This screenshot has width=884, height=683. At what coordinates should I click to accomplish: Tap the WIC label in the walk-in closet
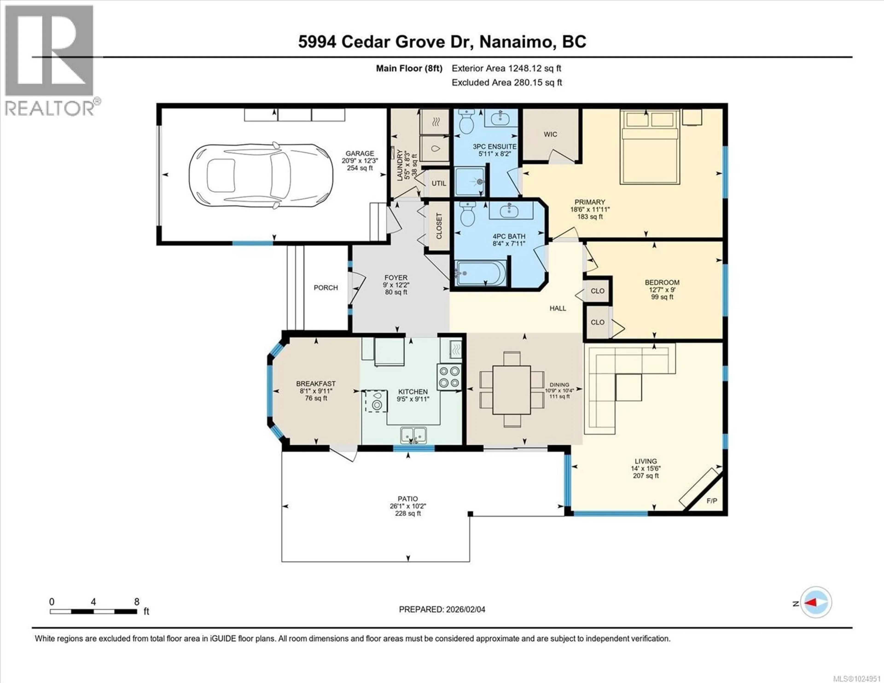pos(550,134)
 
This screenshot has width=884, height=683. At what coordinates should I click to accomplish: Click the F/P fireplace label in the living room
pos(712,501)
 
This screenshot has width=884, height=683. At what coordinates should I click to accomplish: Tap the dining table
pos(512,390)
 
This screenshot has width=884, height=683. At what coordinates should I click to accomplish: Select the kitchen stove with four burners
pos(449,377)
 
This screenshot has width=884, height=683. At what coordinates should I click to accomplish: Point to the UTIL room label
pos(439,183)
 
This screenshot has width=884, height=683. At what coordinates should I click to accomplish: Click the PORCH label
pos(326,288)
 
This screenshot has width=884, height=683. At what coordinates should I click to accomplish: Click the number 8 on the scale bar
pos(137,602)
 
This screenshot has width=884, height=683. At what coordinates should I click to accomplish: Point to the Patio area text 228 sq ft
pos(408,513)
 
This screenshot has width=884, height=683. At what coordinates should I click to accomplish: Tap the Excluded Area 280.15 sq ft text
pos(507,83)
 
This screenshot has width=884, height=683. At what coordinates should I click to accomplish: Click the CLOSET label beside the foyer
pos(439,226)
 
